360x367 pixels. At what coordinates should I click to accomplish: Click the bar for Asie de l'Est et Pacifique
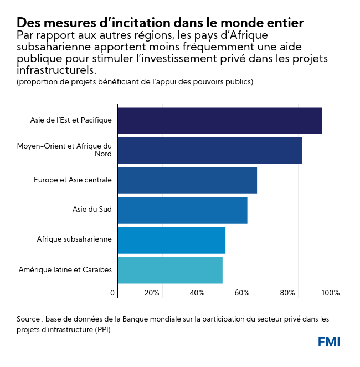coord(219,120)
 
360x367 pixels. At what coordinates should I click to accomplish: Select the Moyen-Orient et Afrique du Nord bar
coord(210,150)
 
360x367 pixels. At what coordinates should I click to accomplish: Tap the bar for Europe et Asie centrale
coord(187,180)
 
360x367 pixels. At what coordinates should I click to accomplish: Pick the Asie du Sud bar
coord(182,210)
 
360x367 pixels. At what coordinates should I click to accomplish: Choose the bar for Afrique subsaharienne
coord(171,240)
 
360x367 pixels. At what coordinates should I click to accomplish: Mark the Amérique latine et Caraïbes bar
coord(170,270)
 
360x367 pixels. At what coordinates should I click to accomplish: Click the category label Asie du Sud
coord(92,210)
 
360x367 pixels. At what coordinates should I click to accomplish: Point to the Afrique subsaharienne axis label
coord(74,239)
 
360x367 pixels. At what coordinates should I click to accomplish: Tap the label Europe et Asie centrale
coord(73,180)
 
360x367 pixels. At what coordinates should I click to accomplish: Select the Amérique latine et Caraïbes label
coord(65,269)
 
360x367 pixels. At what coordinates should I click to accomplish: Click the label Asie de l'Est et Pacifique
coord(71,120)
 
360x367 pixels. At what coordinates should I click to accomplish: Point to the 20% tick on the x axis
coord(152,293)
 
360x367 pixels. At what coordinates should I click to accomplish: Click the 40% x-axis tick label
coord(197,293)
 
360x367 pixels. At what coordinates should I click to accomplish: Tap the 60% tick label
coord(242,293)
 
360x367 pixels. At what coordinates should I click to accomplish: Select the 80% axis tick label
coord(287,293)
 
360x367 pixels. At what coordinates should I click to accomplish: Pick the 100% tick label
coord(331,293)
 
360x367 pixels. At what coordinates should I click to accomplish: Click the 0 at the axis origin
coord(112,293)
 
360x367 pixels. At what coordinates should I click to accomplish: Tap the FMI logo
coord(329,342)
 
